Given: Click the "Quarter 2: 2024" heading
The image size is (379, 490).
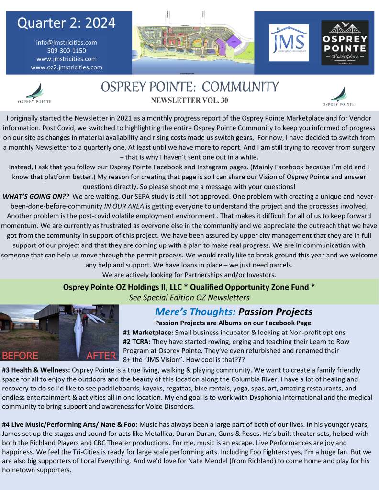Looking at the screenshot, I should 67,22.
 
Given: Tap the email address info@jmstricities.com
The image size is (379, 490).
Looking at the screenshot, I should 67,42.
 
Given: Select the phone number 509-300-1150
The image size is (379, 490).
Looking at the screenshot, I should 67,50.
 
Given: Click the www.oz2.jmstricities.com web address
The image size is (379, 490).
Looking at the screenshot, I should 67,67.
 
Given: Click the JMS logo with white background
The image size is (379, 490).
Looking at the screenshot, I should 289,43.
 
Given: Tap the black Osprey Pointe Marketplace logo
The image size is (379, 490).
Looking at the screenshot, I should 345,43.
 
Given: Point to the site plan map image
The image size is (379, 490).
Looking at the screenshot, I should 193,42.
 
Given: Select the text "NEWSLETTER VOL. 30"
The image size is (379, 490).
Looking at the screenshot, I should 189,101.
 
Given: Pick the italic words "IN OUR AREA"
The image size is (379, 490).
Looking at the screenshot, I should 129,206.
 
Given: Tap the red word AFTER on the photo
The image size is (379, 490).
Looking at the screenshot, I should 101,356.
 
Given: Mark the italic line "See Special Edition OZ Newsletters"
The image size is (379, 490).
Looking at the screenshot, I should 189,297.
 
